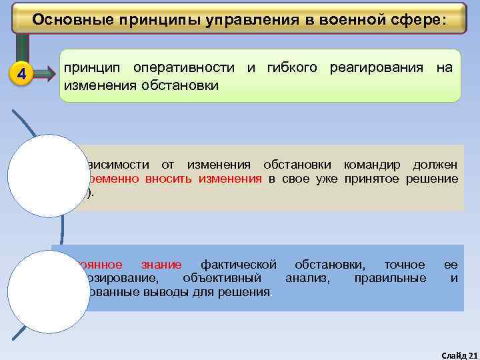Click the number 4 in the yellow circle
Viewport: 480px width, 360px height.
pos(23,74)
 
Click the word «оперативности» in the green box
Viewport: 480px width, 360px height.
pos(183,68)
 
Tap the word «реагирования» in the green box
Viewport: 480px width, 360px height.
pos(377,68)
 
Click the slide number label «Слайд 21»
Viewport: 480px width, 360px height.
pos(460,353)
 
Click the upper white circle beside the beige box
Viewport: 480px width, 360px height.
pos(40,175)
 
